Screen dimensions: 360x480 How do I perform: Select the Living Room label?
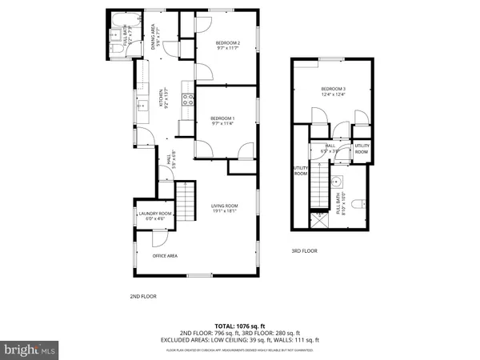224,209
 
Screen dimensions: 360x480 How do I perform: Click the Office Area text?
165,256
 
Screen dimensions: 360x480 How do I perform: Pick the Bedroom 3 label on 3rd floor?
334,91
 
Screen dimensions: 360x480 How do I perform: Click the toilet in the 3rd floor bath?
359,202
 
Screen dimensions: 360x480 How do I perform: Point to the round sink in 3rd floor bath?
337,181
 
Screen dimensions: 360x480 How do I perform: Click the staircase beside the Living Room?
186,195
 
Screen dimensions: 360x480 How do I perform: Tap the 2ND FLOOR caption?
142,297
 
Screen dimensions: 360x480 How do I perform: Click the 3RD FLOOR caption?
304,252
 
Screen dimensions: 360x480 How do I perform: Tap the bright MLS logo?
30,350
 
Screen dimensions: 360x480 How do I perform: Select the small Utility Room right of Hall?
362,149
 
